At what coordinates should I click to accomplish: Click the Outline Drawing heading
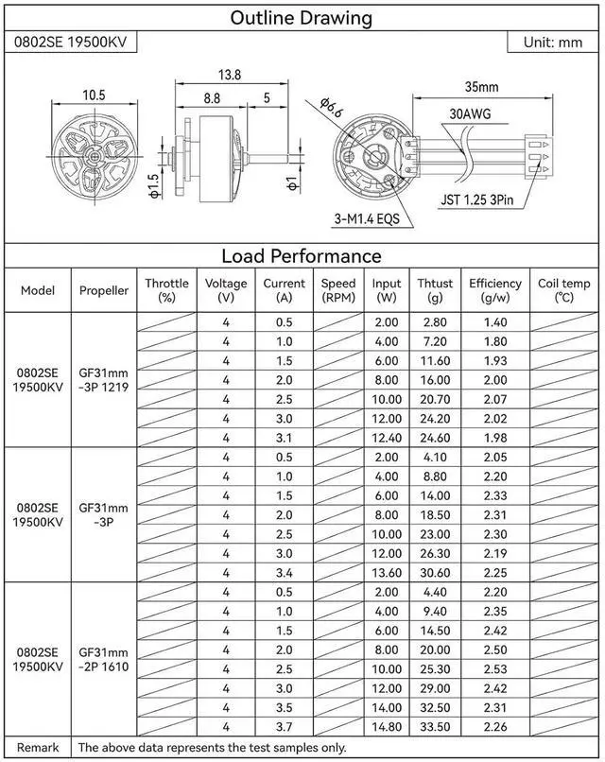click(x=302, y=18)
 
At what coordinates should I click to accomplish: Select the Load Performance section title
click(x=302, y=255)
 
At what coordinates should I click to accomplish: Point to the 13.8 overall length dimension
click(x=230, y=75)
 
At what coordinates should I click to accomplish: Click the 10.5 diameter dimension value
click(x=93, y=95)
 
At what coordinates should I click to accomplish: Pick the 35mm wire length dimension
click(x=481, y=87)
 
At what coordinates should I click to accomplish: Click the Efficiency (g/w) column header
click(x=494, y=289)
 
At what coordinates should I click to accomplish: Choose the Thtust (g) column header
click(x=435, y=289)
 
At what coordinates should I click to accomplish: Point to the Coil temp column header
click(x=564, y=289)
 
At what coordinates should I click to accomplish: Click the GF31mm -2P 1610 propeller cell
click(x=103, y=659)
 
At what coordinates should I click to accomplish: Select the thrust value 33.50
click(x=435, y=726)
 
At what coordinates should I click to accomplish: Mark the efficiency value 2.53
click(x=494, y=669)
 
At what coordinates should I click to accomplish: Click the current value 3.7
click(x=284, y=726)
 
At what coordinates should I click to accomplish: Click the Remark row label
click(x=38, y=747)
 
